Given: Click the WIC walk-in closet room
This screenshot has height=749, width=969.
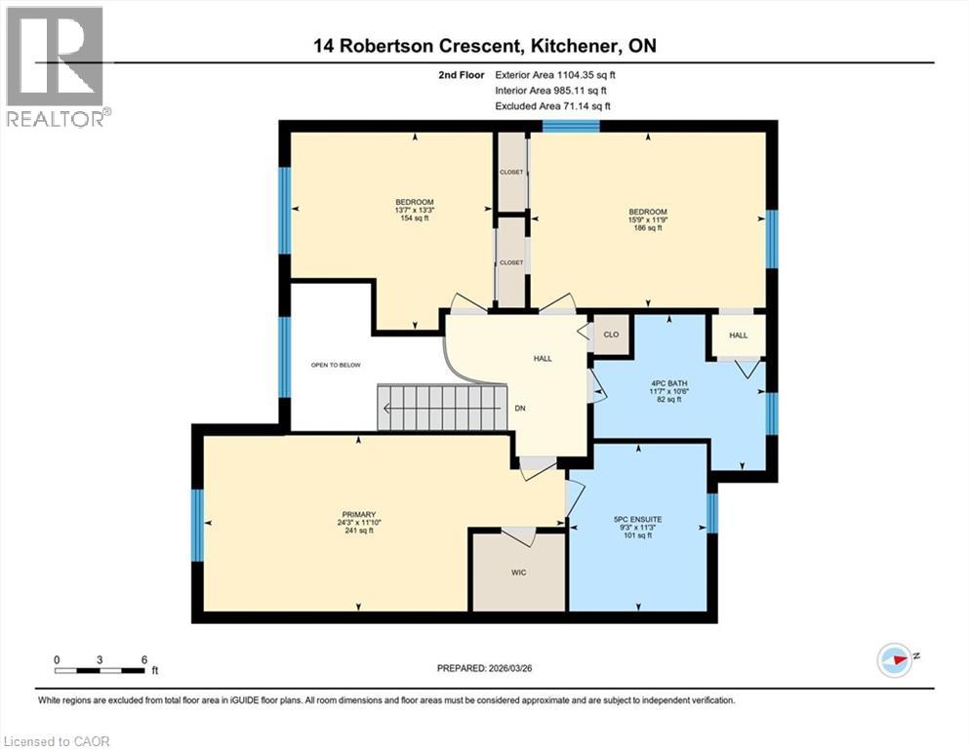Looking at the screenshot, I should click(x=518, y=572).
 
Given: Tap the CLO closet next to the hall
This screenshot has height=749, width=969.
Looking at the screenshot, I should click(x=612, y=334).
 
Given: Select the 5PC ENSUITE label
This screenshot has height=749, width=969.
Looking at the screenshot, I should click(x=639, y=520).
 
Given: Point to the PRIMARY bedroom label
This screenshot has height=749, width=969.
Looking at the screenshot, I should click(x=352, y=515).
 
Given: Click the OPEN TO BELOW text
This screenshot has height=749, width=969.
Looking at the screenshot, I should click(x=336, y=365).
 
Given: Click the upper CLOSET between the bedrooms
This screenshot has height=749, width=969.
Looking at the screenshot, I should click(x=511, y=172).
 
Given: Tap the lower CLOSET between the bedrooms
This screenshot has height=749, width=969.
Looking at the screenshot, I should click(x=511, y=262).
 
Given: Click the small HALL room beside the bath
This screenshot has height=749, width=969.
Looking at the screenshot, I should click(x=739, y=335).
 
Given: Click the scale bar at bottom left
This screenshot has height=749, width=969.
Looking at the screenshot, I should click(x=101, y=670).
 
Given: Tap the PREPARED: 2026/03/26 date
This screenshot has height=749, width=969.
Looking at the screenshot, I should click(x=484, y=669).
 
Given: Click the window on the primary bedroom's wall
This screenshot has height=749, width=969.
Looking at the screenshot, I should click(x=197, y=525).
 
